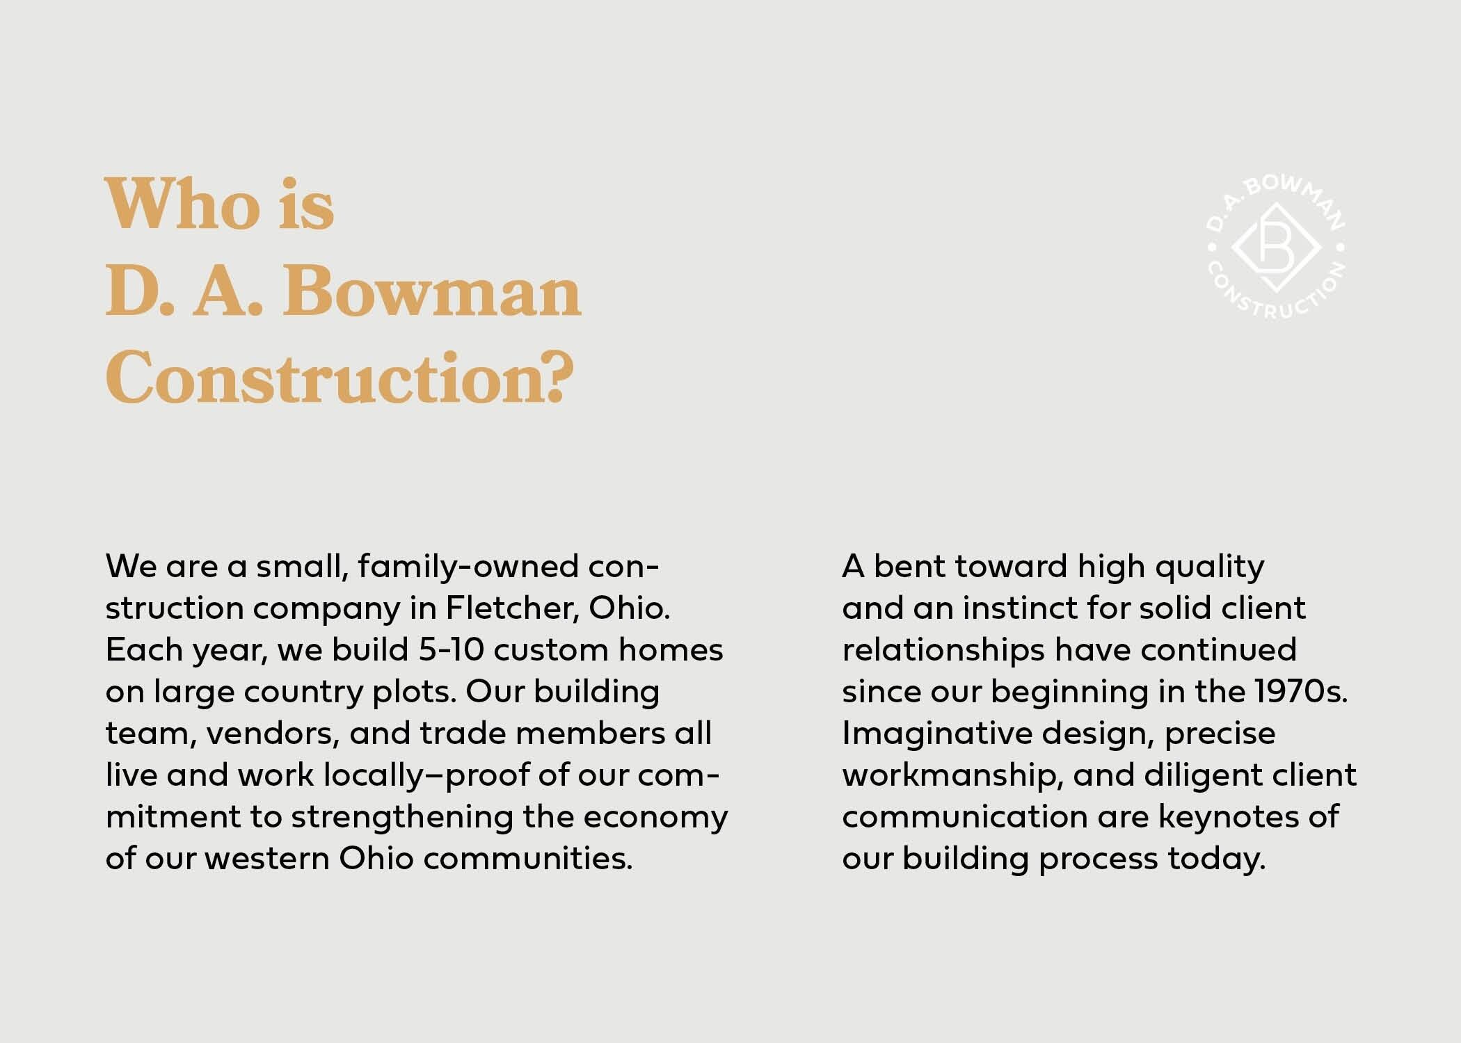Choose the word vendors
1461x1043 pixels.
[x=273, y=734]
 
